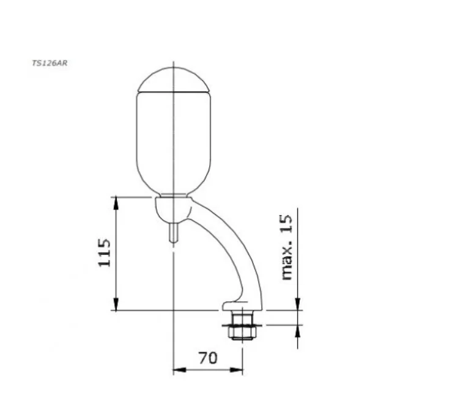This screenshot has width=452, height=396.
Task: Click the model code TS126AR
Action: pos(50,62)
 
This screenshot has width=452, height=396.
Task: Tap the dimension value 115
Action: pos(105,252)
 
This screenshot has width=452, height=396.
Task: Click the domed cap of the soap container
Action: pos(174,79)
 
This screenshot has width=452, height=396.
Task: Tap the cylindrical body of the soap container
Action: pos(174,141)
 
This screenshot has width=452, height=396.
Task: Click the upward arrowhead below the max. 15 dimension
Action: pos(298,330)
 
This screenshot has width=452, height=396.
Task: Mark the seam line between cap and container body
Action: pos(174,92)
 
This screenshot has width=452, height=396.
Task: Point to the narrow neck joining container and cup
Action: pos(174,196)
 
